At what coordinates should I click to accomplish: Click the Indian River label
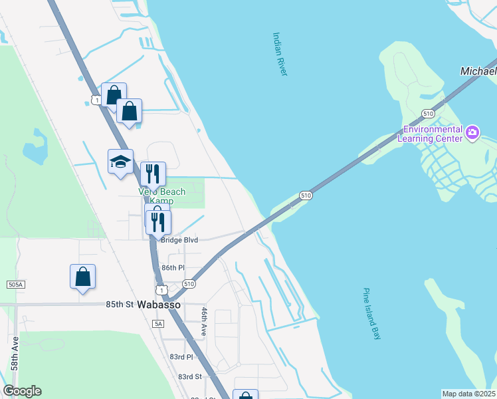click(x=280, y=54)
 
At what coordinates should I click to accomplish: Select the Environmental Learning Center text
click(x=429, y=134)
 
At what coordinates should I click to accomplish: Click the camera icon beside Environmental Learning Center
click(x=472, y=133)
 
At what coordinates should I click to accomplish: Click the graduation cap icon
click(x=120, y=162)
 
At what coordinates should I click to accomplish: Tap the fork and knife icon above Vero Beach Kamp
click(x=153, y=174)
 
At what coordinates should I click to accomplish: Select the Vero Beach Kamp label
click(x=161, y=196)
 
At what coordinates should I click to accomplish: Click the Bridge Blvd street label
click(x=179, y=239)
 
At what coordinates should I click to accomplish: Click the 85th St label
click(x=120, y=305)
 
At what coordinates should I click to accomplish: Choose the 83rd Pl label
click(x=180, y=356)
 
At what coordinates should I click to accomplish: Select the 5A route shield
click(x=157, y=323)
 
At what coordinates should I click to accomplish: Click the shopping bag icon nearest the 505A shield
click(x=82, y=277)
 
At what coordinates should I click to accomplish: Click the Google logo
click(x=22, y=391)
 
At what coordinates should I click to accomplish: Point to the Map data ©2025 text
click(x=469, y=394)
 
